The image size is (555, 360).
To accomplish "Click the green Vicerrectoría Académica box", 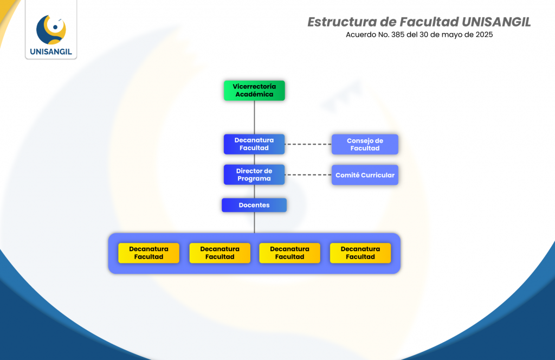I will click(254, 91).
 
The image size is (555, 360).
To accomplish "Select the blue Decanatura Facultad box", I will click(254, 144).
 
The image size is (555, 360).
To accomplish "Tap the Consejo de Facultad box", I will click(365, 144).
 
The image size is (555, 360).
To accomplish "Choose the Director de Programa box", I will click(254, 175).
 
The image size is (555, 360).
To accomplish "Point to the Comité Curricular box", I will click(365, 175).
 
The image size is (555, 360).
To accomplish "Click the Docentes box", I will click(254, 205).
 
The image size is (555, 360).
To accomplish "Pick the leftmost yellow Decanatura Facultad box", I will click(149, 253).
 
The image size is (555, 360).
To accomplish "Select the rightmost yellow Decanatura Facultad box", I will click(360, 253).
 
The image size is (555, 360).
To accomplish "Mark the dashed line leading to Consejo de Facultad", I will click(308, 144).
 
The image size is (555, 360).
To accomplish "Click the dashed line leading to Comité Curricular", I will click(308, 175).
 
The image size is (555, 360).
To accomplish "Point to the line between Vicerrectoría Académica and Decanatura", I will click(254, 117).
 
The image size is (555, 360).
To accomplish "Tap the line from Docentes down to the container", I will click(254, 222).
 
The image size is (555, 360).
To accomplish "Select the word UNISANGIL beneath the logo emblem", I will click(51, 53).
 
